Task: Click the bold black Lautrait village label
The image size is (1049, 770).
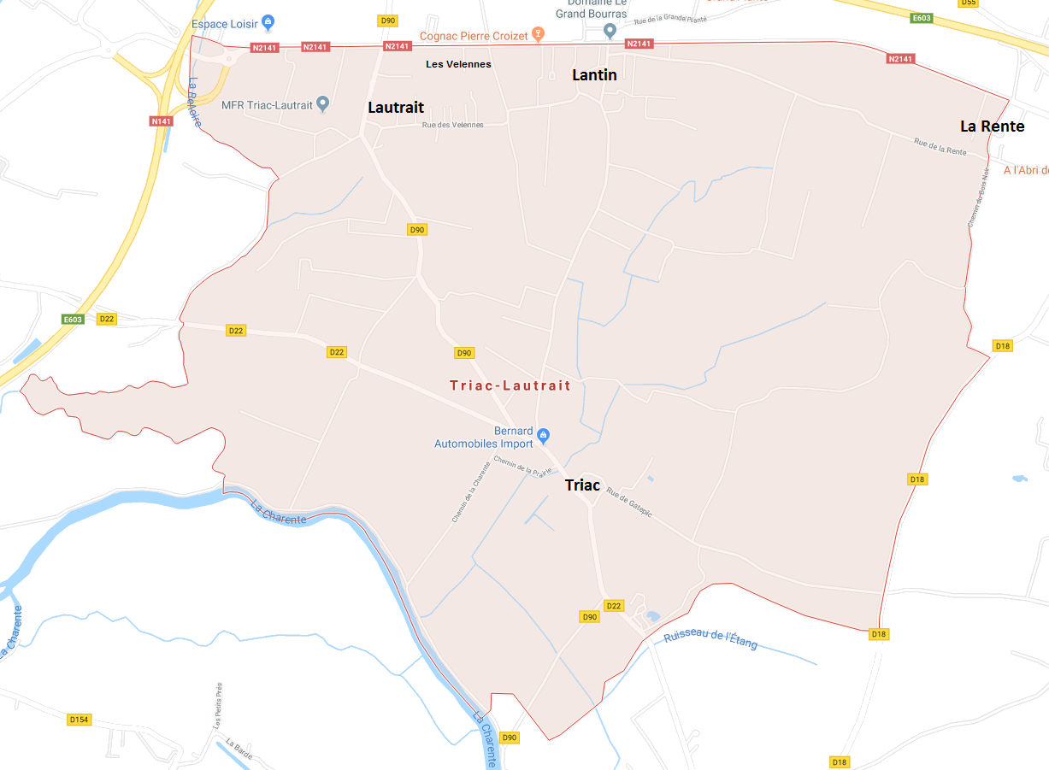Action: [396, 108]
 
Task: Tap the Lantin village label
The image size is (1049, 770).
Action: [594, 75]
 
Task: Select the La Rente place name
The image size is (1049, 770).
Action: [992, 126]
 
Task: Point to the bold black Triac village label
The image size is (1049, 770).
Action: [582, 485]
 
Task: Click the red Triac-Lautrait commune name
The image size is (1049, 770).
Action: [510, 385]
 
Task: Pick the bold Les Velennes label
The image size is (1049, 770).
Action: [458, 64]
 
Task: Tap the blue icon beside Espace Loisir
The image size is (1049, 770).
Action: [268, 23]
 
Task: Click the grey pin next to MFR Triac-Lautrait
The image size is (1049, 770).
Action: [322, 104]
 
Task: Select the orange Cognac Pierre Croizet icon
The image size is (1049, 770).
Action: [538, 35]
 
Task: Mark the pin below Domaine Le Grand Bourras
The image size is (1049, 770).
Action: [610, 32]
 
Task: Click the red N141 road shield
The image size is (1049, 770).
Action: [161, 121]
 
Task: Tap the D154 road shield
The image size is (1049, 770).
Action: [79, 720]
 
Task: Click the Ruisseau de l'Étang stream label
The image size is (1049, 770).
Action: [710, 638]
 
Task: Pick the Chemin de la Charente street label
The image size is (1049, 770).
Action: [471, 492]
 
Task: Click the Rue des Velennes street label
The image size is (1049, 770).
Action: [451, 125]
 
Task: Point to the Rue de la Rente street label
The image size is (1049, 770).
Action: [940, 146]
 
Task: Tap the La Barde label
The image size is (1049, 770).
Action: [239, 749]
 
